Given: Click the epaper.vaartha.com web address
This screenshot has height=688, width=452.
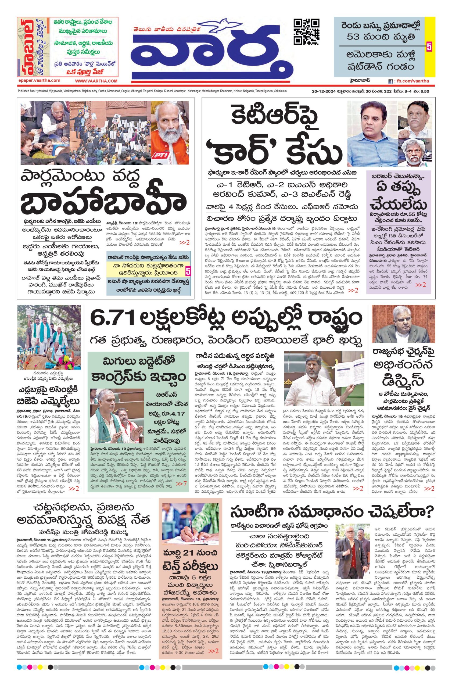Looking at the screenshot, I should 39,81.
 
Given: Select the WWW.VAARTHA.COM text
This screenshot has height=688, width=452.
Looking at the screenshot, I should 96,81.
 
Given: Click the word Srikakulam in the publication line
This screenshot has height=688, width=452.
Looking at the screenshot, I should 278,91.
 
